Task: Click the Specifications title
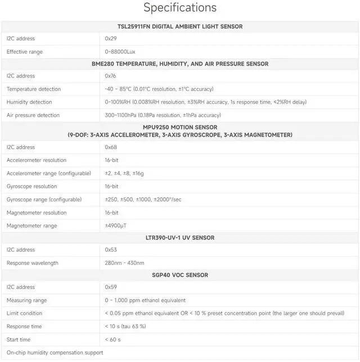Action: (x=180, y=8)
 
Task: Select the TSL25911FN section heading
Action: (x=180, y=26)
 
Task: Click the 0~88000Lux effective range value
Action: (x=120, y=52)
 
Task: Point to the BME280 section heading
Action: (x=180, y=64)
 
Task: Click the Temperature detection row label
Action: (x=34, y=89)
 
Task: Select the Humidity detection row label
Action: (x=29, y=102)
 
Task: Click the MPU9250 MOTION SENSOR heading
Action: (x=180, y=128)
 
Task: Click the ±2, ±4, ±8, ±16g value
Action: (x=124, y=173)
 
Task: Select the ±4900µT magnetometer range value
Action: (x=116, y=226)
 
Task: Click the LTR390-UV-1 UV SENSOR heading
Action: (x=180, y=238)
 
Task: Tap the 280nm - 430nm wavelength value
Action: (x=124, y=263)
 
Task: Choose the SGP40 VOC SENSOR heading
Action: (x=180, y=275)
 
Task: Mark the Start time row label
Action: (x=19, y=340)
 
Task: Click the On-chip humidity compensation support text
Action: (x=55, y=352)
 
